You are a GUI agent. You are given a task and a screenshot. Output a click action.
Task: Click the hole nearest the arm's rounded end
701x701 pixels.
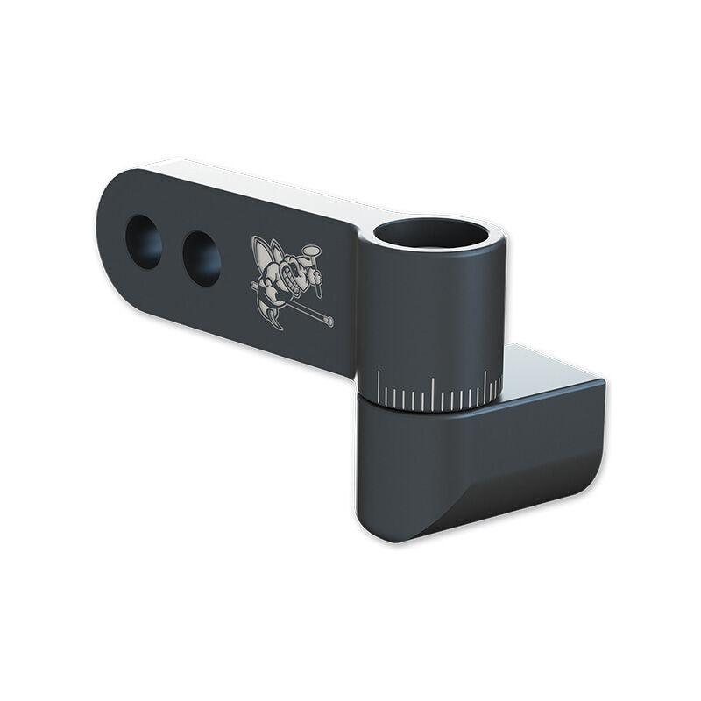click(144, 241)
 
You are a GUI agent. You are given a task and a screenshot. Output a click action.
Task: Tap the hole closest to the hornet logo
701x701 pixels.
click(202, 258)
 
